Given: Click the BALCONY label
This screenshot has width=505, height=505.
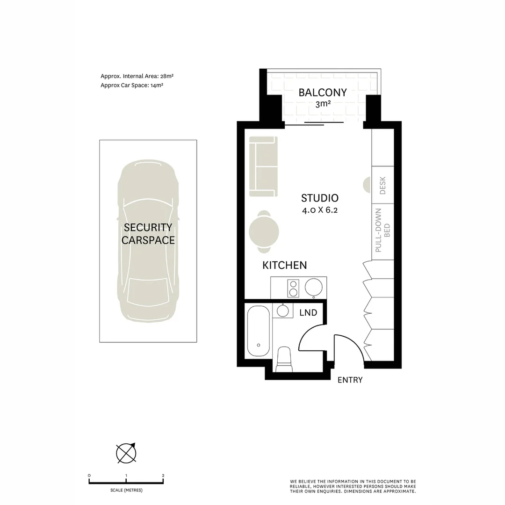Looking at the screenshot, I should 323,93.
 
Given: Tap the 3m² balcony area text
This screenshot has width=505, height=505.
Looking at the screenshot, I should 323,104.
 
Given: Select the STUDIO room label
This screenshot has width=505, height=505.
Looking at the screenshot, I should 319,198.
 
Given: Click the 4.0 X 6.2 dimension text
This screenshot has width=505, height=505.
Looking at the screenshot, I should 319,210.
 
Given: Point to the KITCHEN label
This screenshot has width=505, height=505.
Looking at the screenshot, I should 285,266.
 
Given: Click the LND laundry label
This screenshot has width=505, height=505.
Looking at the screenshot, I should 308,313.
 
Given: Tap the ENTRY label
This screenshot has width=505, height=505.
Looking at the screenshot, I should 350,380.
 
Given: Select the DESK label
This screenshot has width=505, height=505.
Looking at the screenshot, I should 383,185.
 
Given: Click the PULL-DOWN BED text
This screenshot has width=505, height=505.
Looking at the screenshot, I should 382,231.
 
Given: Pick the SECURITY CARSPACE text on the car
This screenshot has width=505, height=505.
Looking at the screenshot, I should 148,234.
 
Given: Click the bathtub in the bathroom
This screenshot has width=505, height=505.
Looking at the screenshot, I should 259,331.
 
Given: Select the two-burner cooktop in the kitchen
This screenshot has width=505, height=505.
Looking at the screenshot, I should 293,288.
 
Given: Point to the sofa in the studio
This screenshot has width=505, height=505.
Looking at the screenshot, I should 263,166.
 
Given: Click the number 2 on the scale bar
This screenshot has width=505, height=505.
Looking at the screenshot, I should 163,476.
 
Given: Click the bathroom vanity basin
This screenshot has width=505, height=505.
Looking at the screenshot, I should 283,310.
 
